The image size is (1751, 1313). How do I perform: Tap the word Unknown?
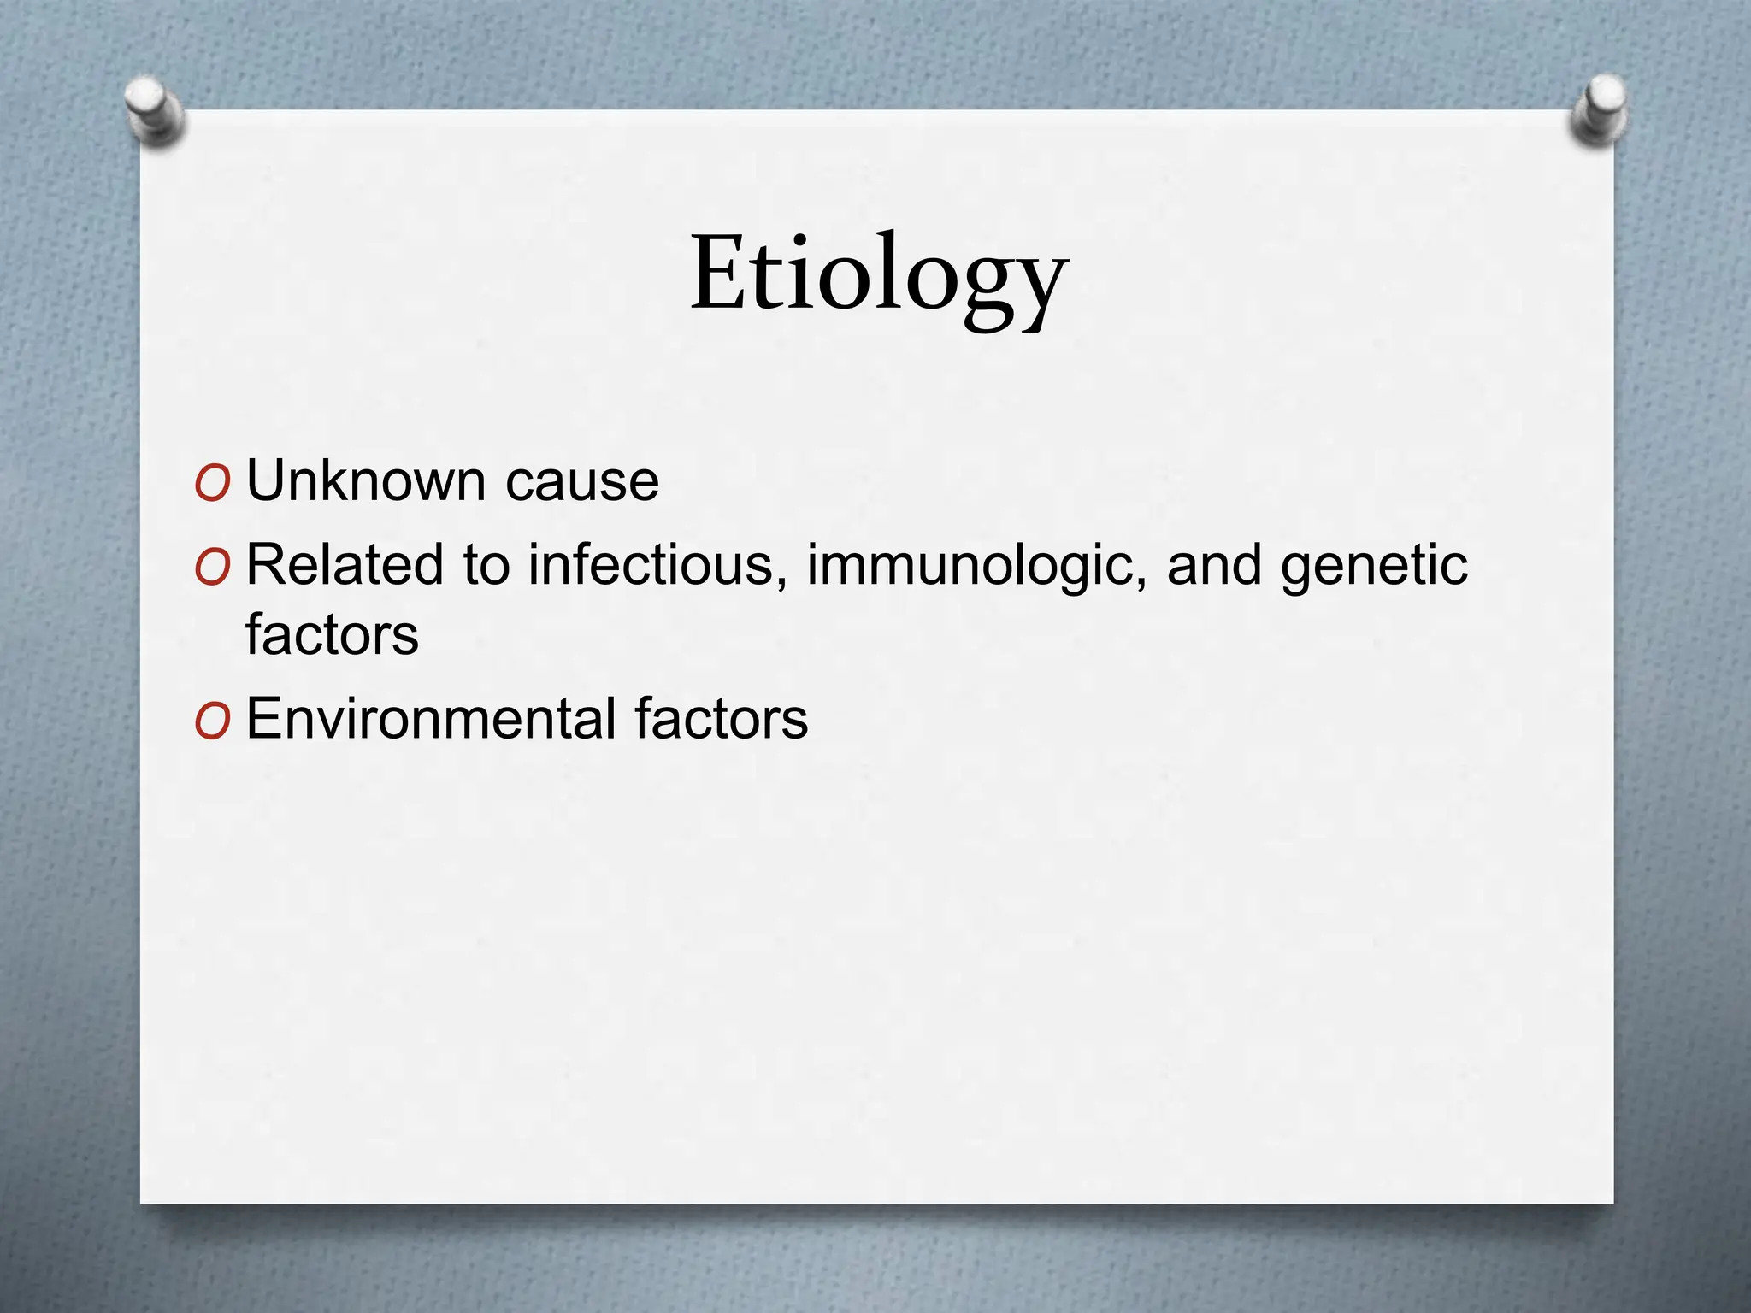pyautogui.click(x=366, y=481)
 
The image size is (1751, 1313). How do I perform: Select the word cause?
pyautogui.click(x=581, y=481)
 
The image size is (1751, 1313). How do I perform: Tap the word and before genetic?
pyautogui.click(x=1214, y=565)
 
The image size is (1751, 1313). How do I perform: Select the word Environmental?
pyautogui.click(x=431, y=719)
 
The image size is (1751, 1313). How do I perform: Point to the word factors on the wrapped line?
pyautogui.click(x=332, y=634)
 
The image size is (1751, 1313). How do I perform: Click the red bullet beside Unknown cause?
pyautogui.click(x=212, y=484)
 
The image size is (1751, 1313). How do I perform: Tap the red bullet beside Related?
pyautogui.click(x=212, y=568)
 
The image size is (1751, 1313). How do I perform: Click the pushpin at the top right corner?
pyautogui.click(x=1599, y=109)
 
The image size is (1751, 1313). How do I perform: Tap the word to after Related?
pyautogui.click(x=486, y=565)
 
